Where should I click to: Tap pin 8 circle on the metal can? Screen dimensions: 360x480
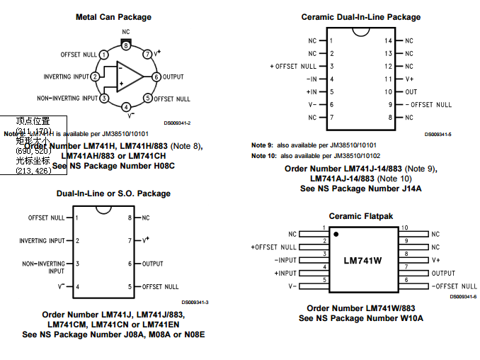[125, 45]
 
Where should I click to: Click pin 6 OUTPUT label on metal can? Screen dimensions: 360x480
[173, 77]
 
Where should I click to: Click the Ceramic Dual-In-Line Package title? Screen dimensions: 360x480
[360, 17]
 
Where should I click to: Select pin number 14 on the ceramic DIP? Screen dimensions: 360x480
[388, 40]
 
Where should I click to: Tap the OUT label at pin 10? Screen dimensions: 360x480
[411, 91]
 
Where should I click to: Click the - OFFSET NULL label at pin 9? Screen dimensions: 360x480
[428, 104]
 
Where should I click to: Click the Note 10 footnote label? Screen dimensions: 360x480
[263, 155]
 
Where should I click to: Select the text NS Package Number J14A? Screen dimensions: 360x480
[360, 189]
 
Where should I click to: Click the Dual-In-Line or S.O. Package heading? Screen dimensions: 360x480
[113, 193]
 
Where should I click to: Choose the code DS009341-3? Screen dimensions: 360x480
[195, 302]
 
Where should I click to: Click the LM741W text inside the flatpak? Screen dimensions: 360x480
[362, 260]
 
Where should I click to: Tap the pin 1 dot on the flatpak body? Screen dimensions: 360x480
[337, 234]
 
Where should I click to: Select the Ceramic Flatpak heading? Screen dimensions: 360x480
[360, 215]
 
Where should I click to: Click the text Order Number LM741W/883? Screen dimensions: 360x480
[360, 308]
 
